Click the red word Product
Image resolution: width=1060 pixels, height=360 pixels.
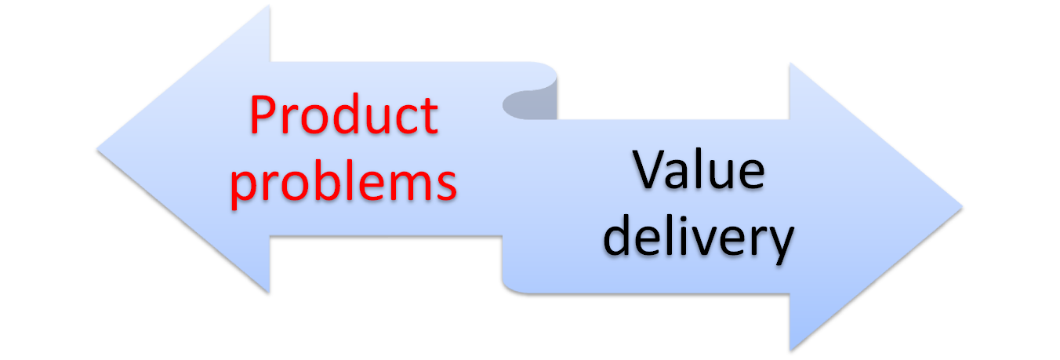point(343,116)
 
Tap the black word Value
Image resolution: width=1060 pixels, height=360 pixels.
point(699,171)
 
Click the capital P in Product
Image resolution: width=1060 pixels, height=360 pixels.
point(263,116)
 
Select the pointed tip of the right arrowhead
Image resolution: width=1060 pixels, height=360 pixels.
point(964,207)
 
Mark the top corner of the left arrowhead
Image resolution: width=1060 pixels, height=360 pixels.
point(270,7)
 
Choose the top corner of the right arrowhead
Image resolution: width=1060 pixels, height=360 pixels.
point(790,62)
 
